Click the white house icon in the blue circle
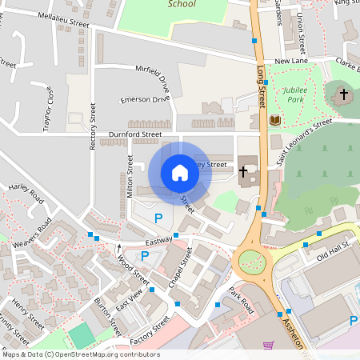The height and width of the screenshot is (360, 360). click(x=180, y=173)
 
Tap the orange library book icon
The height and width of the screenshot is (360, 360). click(x=275, y=120)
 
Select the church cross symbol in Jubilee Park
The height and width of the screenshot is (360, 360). click(x=343, y=94)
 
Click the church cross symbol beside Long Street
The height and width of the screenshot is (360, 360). click(x=245, y=170)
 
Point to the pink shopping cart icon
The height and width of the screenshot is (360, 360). click(x=269, y=346)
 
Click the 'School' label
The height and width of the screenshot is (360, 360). click(x=182, y=4)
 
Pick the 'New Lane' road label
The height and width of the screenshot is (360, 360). click(x=290, y=62)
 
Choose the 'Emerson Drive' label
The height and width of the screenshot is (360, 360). click(x=145, y=99)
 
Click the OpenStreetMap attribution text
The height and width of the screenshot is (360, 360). click(x=80, y=354)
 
